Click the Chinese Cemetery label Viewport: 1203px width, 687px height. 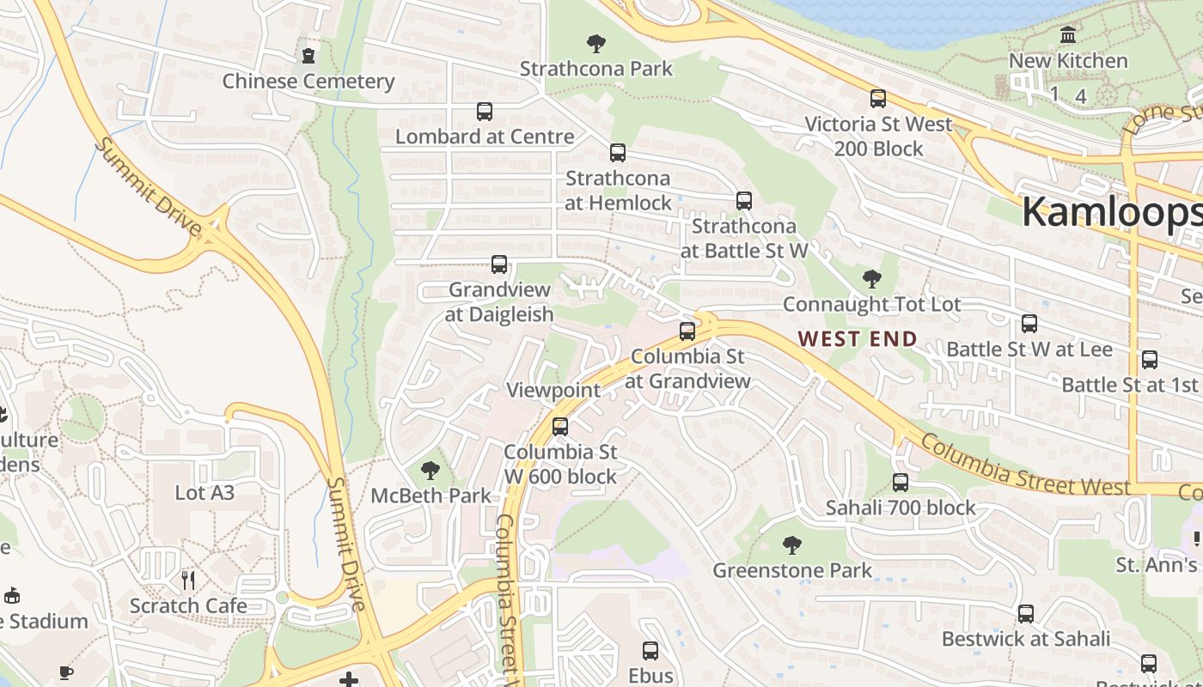[308, 82]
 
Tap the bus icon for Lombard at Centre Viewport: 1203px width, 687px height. [485, 112]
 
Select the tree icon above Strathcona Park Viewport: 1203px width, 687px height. [595, 44]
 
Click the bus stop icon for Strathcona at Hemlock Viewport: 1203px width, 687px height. [617, 154]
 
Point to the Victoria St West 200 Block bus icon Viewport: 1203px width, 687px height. [877, 99]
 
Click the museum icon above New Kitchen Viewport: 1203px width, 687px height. [1068, 36]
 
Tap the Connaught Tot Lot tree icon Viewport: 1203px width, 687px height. [871, 279]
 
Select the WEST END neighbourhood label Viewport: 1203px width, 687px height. [858, 339]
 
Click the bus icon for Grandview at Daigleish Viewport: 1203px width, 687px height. [499, 264]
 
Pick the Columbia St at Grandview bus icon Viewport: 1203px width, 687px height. [687, 331]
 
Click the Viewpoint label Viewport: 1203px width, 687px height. [553, 390]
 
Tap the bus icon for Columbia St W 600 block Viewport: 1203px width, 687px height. [560, 427]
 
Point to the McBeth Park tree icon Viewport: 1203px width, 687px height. [431, 471]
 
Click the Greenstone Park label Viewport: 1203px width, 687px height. [792, 570]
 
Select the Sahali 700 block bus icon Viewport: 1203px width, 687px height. [901, 483]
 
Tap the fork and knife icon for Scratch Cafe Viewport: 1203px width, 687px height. [188, 581]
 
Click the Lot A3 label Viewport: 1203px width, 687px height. [205, 493]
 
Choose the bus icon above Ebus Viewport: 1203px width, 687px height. [650, 651]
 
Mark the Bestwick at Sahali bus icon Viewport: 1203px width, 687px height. [1026, 614]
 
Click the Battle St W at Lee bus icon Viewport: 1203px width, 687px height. [1029, 324]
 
